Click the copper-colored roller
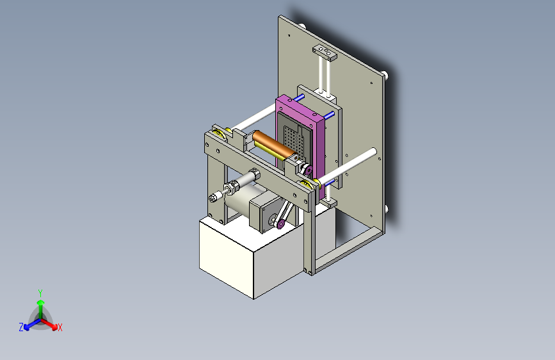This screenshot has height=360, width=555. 273,143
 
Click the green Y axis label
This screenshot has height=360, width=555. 40,292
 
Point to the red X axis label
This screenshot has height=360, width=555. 60,327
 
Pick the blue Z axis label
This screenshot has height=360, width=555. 21,327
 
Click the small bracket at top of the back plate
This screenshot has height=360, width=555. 324,52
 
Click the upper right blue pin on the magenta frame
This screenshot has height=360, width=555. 328,116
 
